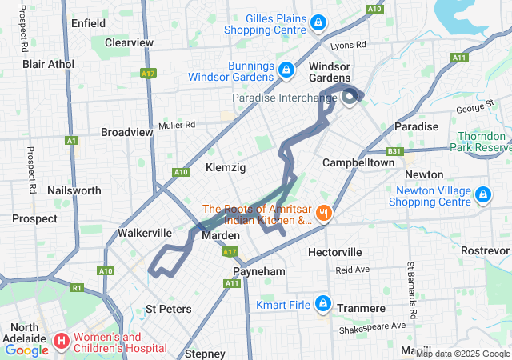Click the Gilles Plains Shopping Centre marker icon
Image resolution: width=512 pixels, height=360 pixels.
pyautogui.click(x=318, y=23)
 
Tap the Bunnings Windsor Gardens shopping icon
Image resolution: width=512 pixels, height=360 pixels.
pyautogui.click(x=285, y=71)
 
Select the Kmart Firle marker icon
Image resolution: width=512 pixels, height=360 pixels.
pyautogui.click(x=323, y=305)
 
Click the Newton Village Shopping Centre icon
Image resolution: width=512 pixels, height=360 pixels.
pyautogui.click(x=483, y=195)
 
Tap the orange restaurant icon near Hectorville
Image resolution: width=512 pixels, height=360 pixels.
pyautogui.click(x=324, y=213)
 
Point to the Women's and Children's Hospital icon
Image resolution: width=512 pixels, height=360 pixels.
pyautogui.click(x=62, y=342)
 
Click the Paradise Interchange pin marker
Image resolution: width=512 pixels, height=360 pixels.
pyautogui.click(x=350, y=98)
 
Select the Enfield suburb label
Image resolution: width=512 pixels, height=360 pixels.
pyautogui.click(x=88, y=23)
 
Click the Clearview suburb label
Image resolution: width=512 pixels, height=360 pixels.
pyautogui.click(x=129, y=42)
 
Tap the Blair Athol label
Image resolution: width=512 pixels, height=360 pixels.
pyautogui.click(x=48, y=63)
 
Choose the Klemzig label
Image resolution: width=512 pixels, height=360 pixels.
pyautogui.click(x=226, y=167)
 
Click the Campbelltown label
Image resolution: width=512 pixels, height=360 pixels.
pyautogui.click(x=358, y=162)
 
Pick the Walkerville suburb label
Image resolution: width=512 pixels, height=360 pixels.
pyautogui.click(x=145, y=233)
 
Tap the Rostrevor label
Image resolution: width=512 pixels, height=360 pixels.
pyautogui.click(x=485, y=250)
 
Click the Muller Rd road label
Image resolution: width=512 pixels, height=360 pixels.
pyautogui.click(x=177, y=125)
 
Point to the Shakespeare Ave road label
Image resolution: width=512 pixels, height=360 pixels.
pyautogui.click(x=374, y=326)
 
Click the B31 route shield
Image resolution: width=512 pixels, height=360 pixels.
pyautogui.click(x=394, y=151)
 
